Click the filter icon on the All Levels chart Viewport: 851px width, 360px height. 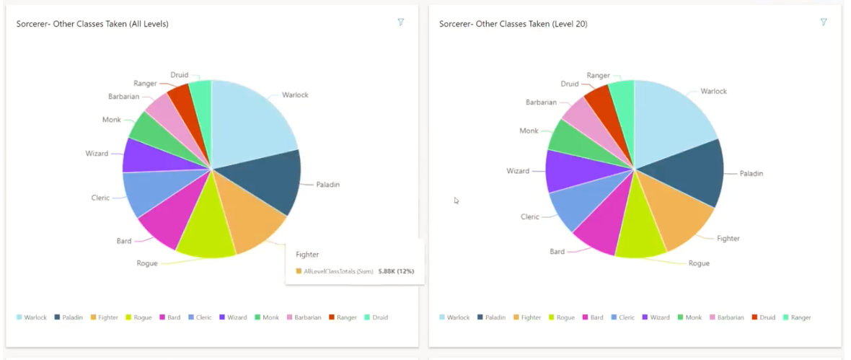click(401, 22)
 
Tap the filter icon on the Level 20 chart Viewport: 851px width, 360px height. click(824, 22)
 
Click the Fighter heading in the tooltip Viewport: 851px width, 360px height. click(307, 255)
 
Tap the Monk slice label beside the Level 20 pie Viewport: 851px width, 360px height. click(529, 131)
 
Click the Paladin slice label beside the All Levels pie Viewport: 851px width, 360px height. click(327, 185)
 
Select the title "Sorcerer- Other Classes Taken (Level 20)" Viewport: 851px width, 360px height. click(513, 24)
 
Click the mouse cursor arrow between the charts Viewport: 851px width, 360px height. click(457, 201)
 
